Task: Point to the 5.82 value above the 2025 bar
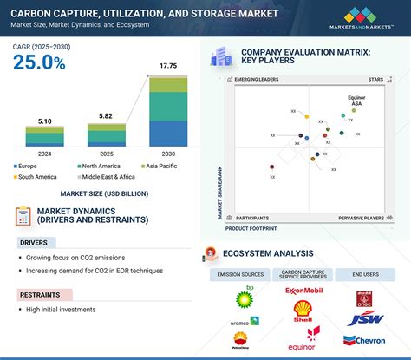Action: tap(107, 115)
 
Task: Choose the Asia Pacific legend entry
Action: tap(164, 165)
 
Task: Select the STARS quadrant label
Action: tap(374, 79)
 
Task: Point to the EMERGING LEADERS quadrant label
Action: tap(258, 79)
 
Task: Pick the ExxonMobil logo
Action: tap(303, 291)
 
